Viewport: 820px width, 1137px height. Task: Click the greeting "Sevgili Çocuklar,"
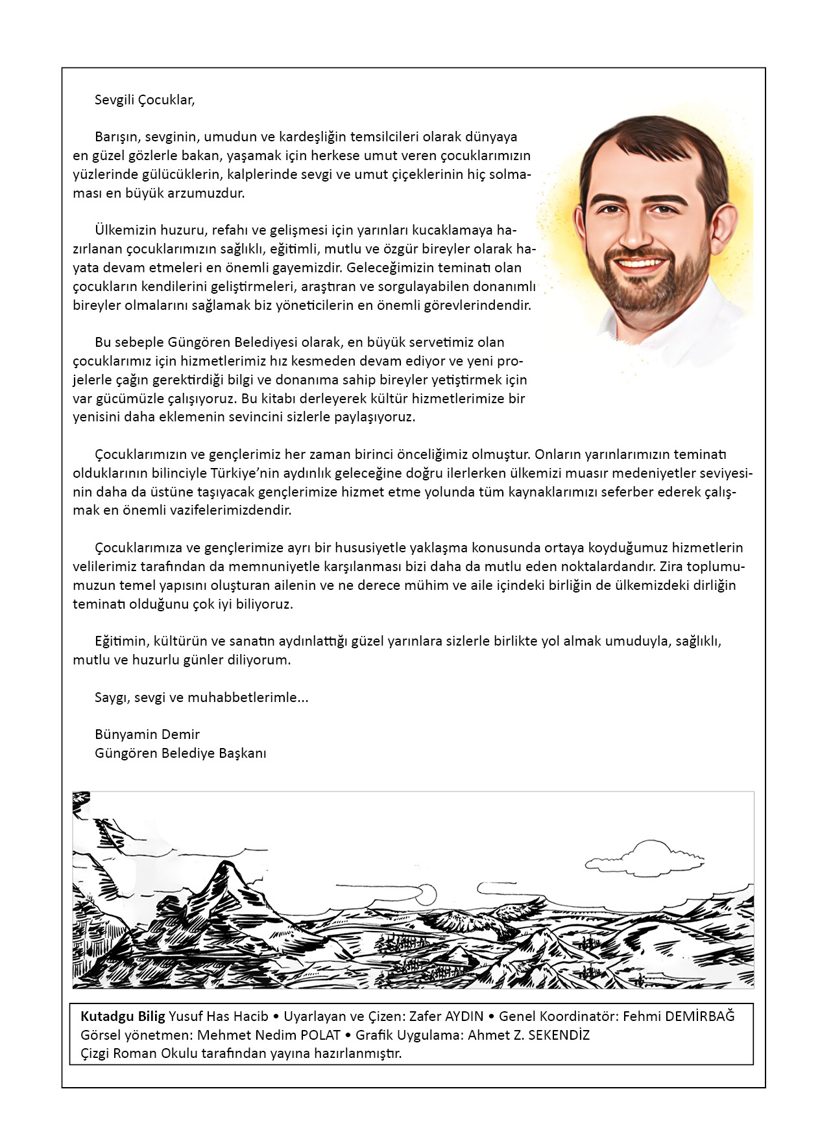coord(145,100)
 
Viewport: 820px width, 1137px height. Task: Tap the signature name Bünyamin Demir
coord(147,734)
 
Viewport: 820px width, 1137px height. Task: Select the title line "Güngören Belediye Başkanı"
coord(180,753)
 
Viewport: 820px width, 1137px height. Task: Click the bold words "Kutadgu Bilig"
coord(123,1016)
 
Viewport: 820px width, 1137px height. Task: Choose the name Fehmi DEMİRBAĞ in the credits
coord(679,1016)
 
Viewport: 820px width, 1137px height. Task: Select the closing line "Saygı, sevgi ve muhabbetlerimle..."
coord(201,697)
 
